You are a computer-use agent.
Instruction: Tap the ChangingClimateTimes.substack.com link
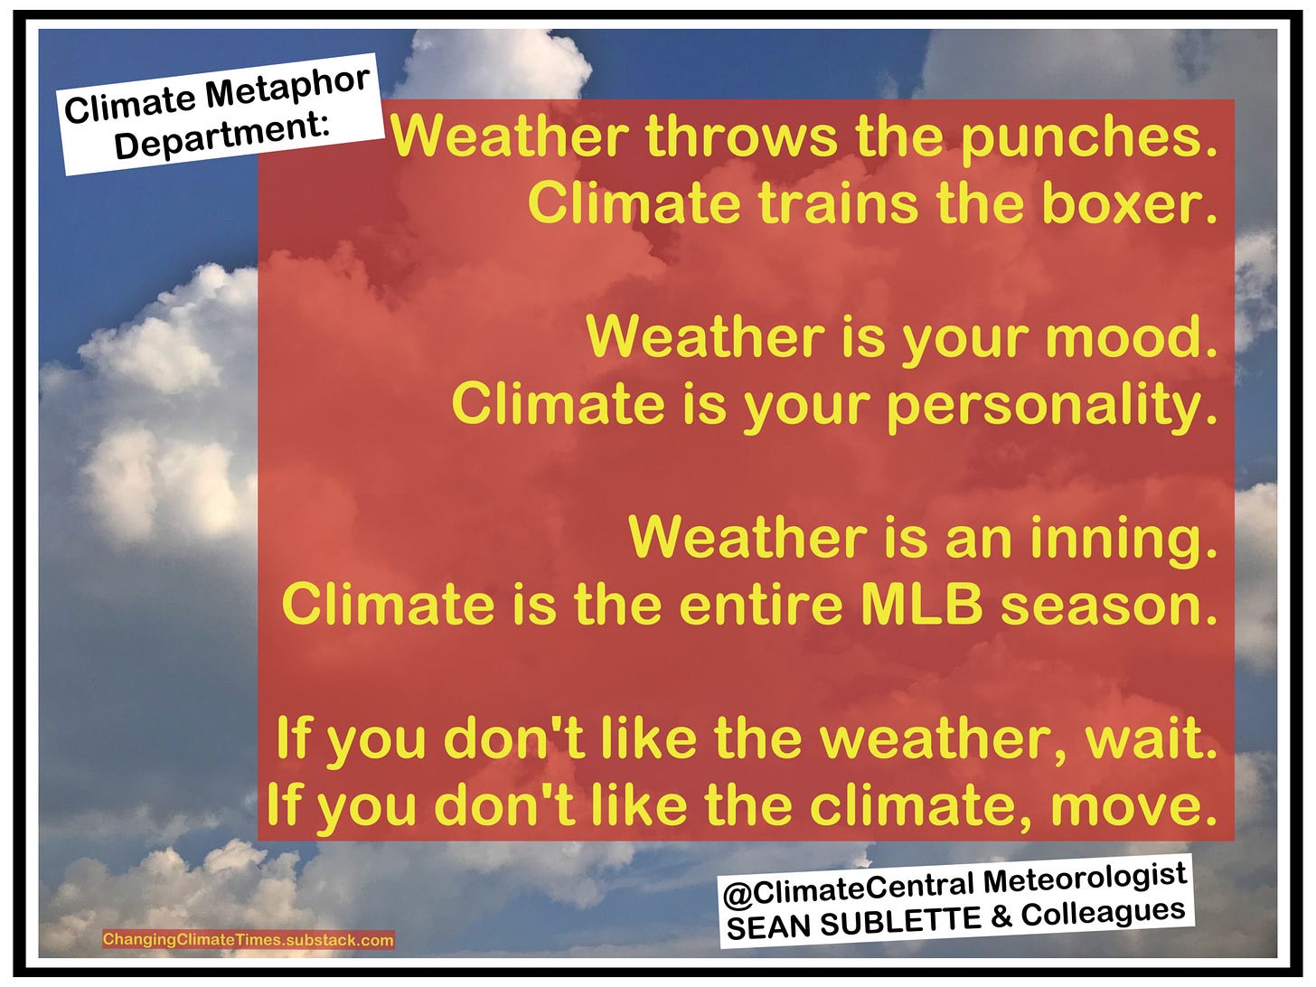click(249, 940)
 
